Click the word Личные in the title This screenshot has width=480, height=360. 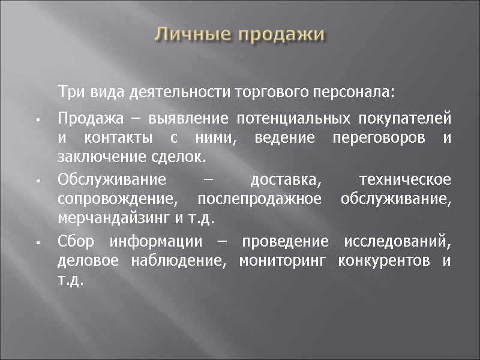coord(192,35)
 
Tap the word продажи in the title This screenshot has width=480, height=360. coord(281,35)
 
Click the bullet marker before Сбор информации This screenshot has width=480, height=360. coord(37,244)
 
